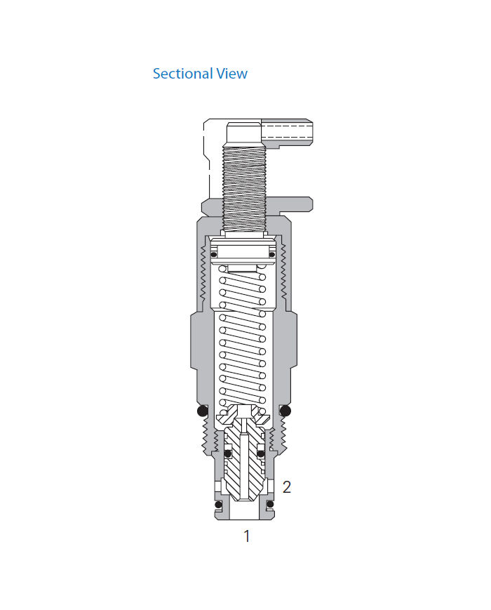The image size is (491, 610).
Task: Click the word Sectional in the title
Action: coord(176,74)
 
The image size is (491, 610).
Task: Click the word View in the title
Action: coord(232,74)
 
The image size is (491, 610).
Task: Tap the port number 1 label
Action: coord(246,536)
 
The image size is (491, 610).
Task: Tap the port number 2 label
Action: coord(286,486)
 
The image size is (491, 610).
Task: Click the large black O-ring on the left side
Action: coord(203,411)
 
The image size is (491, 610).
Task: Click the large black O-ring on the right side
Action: coord(285,411)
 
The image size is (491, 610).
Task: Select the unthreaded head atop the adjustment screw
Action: coord(244,132)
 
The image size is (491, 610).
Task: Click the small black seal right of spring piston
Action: coord(272,254)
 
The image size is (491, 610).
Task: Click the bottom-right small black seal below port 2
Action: coord(269,504)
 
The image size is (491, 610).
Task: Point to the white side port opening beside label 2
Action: coord(269,486)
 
